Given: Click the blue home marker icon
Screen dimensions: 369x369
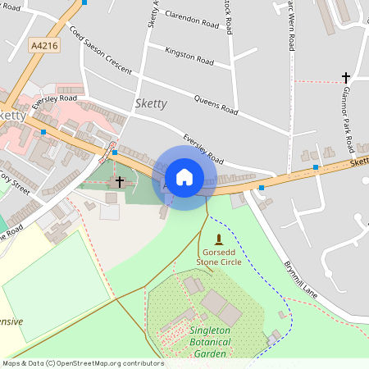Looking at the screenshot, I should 184,176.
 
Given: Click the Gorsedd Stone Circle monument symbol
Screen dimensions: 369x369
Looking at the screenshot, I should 219,240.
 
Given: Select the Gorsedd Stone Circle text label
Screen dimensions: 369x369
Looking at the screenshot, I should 218,257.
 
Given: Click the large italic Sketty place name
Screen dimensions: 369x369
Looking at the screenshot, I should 150,103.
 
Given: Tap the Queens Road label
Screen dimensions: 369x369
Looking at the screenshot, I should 216,104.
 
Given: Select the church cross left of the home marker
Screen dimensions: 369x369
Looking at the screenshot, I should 120,180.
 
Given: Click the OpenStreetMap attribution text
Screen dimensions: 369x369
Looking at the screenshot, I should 82,363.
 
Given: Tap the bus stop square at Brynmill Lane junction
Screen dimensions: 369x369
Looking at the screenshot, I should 262,188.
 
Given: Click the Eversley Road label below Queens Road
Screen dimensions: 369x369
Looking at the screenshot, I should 203,148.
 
